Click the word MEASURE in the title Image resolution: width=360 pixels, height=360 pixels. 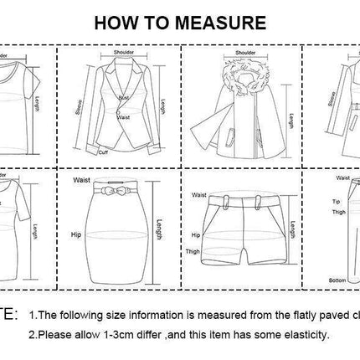[219, 22]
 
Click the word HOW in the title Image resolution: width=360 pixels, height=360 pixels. [116, 22]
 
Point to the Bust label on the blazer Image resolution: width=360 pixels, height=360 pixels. [122, 98]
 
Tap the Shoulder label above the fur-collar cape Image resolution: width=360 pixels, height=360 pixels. [244, 54]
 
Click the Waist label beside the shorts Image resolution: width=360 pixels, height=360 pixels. [198, 195]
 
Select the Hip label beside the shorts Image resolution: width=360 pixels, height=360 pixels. [195, 236]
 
